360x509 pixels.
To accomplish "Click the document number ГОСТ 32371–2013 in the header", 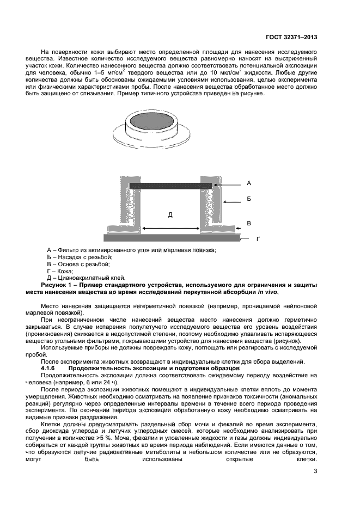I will tap(291, 36).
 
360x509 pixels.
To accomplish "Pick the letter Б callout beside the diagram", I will tap(248, 200).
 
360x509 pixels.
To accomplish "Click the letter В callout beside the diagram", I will tap(248, 223).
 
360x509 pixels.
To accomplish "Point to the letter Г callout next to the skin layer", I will tap(258, 238).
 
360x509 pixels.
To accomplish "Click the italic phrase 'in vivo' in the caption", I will tap(267, 292).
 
